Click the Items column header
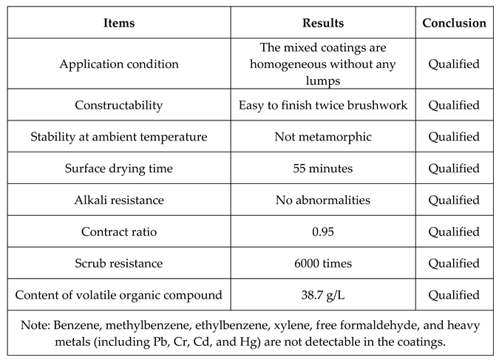(118, 23)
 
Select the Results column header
(322, 23)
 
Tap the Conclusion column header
(454, 23)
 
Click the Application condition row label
(118, 64)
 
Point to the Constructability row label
(118, 105)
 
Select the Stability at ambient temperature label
(118, 137)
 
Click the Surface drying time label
(118, 169)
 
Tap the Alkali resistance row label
(118, 200)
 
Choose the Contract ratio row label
(118, 232)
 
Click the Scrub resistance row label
(118, 264)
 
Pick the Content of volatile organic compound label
(118, 296)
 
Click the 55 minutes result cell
(322, 169)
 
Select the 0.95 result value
(322, 232)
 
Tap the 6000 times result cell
(322, 264)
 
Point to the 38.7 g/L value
(322, 296)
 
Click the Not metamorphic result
(322, 137)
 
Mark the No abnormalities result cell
(322, 200)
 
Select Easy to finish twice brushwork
(322, 105)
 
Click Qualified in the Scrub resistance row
(454, 264)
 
